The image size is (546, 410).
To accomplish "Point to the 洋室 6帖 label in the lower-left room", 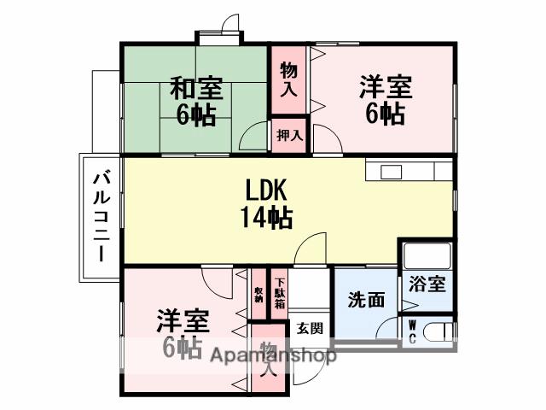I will tap(182, 334).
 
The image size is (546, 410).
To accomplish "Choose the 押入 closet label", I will tap(290, 136).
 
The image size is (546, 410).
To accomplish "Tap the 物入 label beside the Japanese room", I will tap(289, 78).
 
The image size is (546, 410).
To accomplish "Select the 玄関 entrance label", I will tap(309, 328).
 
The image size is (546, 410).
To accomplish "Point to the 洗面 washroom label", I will tap(365, 300).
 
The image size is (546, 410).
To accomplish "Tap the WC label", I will tap(412, 331).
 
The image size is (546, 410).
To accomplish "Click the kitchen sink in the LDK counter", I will tap(392, 172).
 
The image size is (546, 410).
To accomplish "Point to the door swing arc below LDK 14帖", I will tap(313, 248).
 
